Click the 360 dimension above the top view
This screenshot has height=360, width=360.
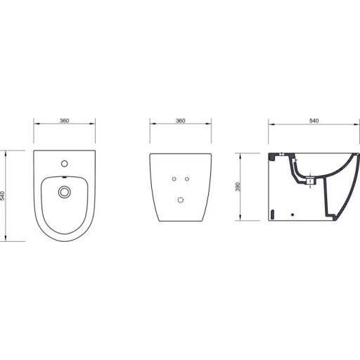point(64,122)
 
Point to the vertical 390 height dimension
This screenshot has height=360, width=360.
point(237,186)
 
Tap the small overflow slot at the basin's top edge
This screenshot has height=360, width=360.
point(64,176)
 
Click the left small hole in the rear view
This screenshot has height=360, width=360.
point(172,179)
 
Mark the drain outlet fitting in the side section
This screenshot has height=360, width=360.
point(309,181)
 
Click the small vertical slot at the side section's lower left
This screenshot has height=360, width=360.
point(271,211)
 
